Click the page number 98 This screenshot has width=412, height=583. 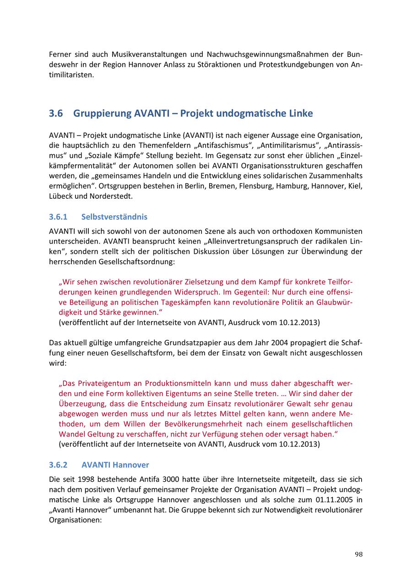pyautogui.click(x=358, y=554)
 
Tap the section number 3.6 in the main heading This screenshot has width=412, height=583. pyautogui.click(x=56, y=114)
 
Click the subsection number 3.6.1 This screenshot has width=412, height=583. pyautogui.click(x=58, y=217)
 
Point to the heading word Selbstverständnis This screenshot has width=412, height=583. pyautogui.click(x=114, y=217)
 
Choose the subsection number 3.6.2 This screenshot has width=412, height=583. pyautogui.click(x=58, y=465)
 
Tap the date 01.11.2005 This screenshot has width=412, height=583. pyautogui.click(x=334, y=500)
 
